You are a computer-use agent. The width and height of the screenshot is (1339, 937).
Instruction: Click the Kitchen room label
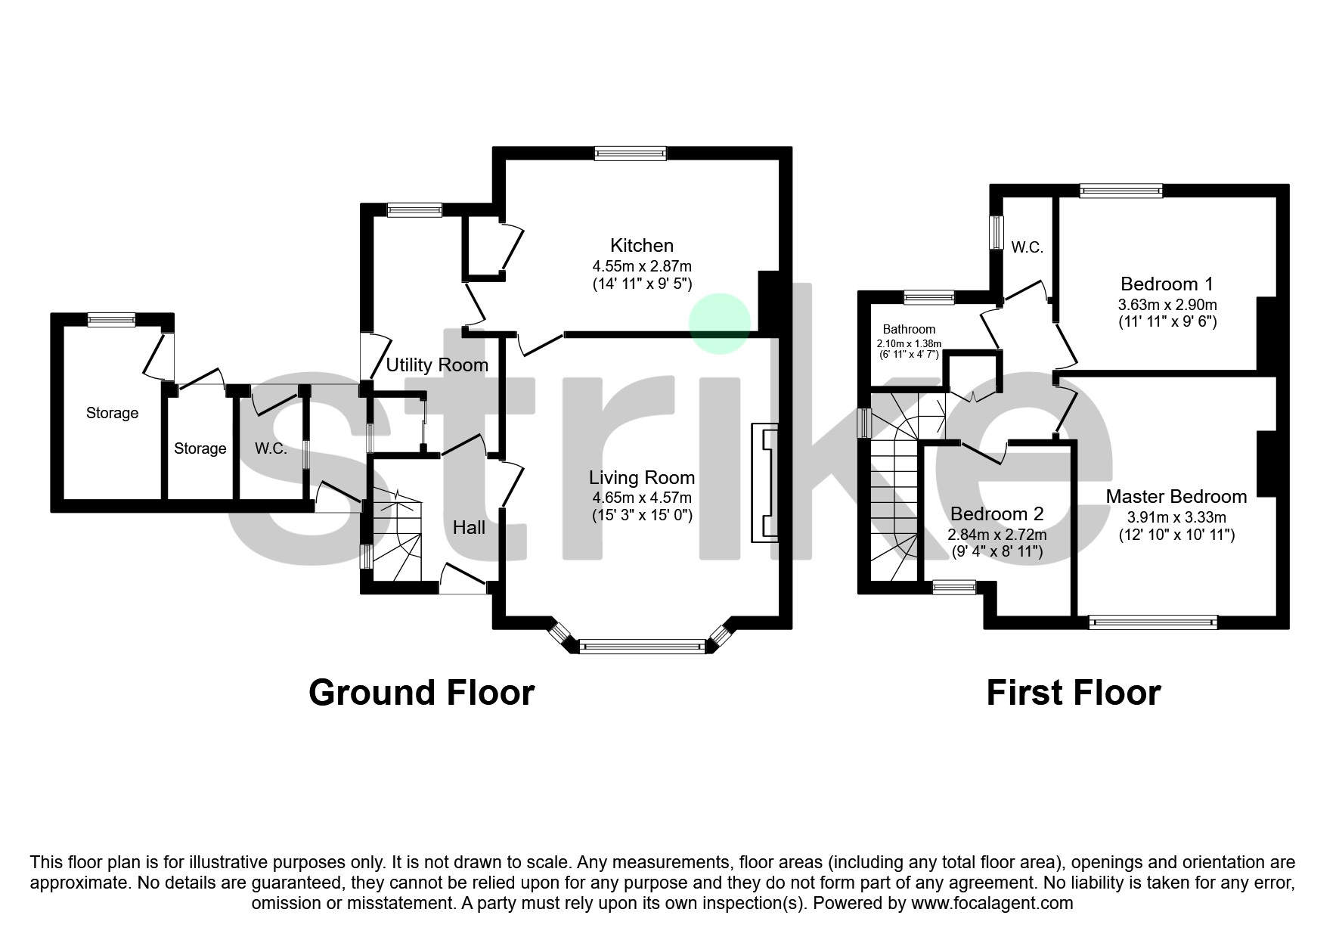tap(642, 245)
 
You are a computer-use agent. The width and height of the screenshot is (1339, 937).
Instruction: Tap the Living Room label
tap(642, 477)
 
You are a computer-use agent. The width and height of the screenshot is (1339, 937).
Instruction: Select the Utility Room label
tap(437, 365)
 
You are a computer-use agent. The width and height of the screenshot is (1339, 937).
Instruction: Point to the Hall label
tap(469, 527)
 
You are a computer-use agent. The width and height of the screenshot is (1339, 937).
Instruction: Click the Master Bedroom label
tap(1176, 496)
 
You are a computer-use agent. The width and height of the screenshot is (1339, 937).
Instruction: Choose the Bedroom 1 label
tap(1167, 284)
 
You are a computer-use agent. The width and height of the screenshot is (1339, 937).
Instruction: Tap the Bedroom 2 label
tap(997, 513)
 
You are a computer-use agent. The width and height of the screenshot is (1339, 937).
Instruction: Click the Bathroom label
tap(909, 329)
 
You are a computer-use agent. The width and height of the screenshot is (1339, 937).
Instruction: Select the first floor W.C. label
tap(1027, 247)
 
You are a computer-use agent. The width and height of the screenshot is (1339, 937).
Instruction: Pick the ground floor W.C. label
tap(271, 448)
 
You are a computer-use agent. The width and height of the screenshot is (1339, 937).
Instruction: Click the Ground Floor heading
tap(421, 692)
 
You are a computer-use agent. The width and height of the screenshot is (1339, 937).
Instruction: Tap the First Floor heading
tap(1073, 692)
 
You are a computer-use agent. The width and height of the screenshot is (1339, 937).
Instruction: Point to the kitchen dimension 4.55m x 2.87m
tap(642, 266)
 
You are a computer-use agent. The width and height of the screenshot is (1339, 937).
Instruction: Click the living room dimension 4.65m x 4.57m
tap(642, 498)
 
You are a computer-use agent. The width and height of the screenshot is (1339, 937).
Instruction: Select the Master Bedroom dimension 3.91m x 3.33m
tap(1176, 517)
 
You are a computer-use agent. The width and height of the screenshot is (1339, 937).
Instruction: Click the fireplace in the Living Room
tap(764, 483)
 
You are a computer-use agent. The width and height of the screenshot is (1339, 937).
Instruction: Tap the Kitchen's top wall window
tap(631, 154)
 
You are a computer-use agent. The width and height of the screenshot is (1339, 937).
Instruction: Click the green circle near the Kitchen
tap(720, 324)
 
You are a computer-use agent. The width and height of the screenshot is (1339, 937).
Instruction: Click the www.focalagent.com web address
tap(992, 903)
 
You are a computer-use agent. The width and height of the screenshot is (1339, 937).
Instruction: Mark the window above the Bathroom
tap(928, 297)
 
